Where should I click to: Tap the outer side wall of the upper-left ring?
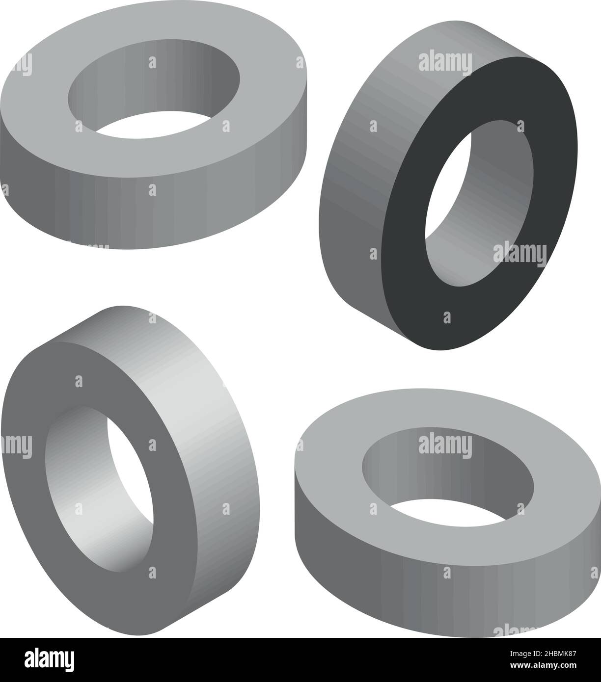tap(152, 215)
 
